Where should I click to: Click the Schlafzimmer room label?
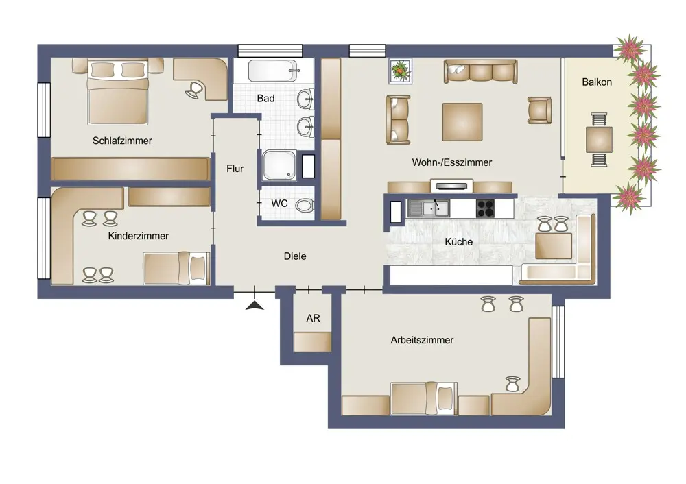(x=122, y=141)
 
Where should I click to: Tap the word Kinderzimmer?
(x=139, y=236)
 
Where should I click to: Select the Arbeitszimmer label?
(x=422, y=340)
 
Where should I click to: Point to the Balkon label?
(x=597, y=82)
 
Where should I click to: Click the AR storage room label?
(x=314, y=318)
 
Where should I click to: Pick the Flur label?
(x=235, y=169)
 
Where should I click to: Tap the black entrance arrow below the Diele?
(x=255, y=305)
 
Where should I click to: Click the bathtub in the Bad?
(x=274, y=71)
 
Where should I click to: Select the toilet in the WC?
(x=305, y=205)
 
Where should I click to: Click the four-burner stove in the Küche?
(x=485, y=208)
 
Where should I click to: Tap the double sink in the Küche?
(x=428, y=208)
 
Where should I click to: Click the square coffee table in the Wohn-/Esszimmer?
(x=462, y=122)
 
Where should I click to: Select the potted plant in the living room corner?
(x=401, y=71)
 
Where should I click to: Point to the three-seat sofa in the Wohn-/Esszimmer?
(x=480, y=71)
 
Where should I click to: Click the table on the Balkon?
(x=599, y=139)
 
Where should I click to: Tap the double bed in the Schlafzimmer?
(x=118, y=93)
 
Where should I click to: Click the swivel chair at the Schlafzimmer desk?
(x=194, y=90)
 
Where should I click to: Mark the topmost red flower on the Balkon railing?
(x=631, y=47)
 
